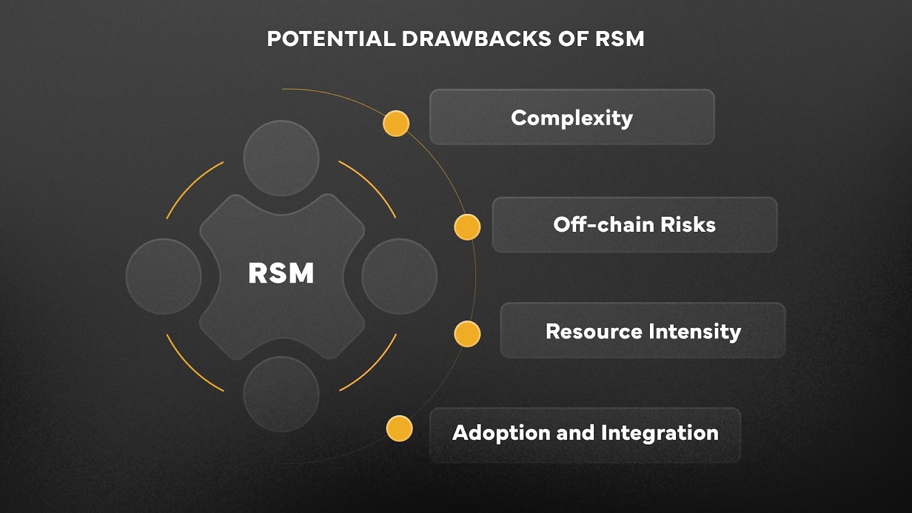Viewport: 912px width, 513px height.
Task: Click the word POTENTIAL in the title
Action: tap(331, 39)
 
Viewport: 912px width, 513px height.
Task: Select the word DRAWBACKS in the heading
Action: tap(477, 39)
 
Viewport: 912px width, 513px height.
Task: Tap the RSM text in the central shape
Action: tap(281, 273)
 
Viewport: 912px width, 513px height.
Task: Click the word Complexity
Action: tap(572, 118)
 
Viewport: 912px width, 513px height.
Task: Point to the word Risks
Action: tap(688, 225)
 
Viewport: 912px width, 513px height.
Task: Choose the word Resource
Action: tap(593, 331)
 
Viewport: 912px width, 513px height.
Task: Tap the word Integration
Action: tap(659, 433)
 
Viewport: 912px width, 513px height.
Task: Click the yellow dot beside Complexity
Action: tap(396, 123)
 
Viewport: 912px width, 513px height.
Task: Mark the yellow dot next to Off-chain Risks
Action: tap(467, 227)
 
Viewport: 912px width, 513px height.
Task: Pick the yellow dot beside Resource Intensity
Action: tap(467, 334)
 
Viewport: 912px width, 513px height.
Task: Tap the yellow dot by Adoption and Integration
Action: tap(399, 429)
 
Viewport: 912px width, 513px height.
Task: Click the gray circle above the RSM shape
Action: tap(281, 158)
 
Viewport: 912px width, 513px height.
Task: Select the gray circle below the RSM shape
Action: tap(281, 394)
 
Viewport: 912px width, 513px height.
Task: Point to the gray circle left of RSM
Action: tap(164, 276)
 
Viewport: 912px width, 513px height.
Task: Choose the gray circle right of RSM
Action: tap(399, 276)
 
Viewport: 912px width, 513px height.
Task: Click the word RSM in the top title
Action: tap(620, 39)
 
